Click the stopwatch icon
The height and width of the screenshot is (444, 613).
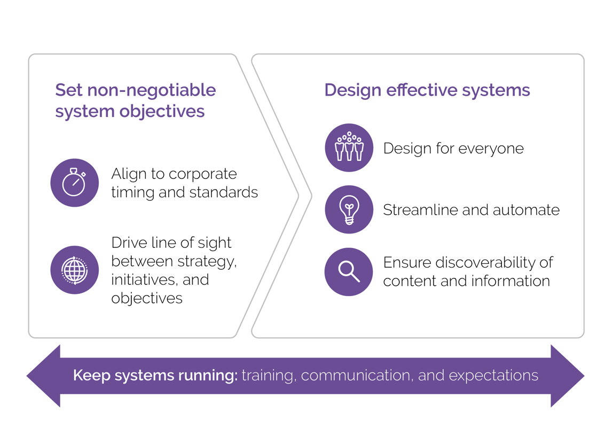(x=74, y=183)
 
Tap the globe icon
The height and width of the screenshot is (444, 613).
(x=74, y=270)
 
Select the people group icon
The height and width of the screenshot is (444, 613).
(x=349, y=147)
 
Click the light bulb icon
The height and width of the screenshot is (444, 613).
(x=349, y=209)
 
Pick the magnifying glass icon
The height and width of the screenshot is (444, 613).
(x=349, y=271)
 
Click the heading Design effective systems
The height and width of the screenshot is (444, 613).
(x=427, y=90)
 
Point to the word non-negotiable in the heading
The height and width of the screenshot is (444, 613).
(x=151, y=90)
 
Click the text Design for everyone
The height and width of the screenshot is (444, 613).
(x=453, y=148)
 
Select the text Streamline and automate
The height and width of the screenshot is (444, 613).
(x=471, y=210)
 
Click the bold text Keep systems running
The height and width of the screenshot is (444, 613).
(x=155, y=376)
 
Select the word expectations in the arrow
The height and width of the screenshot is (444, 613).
(x=493, y=376)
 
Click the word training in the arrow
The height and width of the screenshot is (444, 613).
(x=268, y=376)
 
